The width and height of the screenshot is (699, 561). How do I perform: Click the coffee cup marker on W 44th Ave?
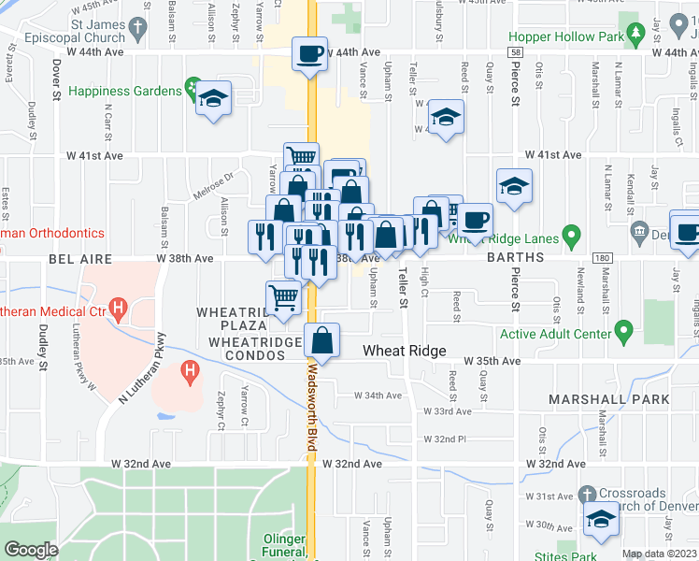[x=309, y=53]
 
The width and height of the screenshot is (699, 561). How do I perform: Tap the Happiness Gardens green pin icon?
[x=193, y=91]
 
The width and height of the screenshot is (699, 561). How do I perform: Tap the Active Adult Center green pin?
[x=624, y=330]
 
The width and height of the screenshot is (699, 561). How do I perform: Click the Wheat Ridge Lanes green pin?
[x=573, y=237]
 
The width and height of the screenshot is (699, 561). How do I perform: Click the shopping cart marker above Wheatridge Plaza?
[x=284, y=298]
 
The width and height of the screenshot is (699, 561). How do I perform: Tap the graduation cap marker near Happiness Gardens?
[x=214, y=100]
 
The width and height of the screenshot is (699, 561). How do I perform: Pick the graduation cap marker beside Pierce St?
[x=514, y=187]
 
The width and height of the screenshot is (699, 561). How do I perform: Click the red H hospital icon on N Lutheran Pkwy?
[x=191, y=375]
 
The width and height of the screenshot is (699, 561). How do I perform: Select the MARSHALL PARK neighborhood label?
[x=608, y=399]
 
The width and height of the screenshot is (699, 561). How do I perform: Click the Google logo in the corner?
[x=31, y=549]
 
